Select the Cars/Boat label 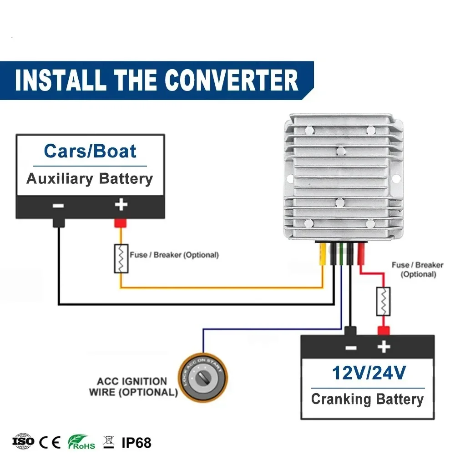coord(90,151)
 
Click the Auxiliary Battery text coord(90,178)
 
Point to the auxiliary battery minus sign coord(58,205)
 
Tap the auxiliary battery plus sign coord(121,205)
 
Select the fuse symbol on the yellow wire coord(121,258)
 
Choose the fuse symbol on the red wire coord(383,301)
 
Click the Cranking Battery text coord(367,399)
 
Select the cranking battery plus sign coord(384,347)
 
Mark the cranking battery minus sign coord(351,348)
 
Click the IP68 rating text coord(136,442)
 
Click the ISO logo coord(23,441)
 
